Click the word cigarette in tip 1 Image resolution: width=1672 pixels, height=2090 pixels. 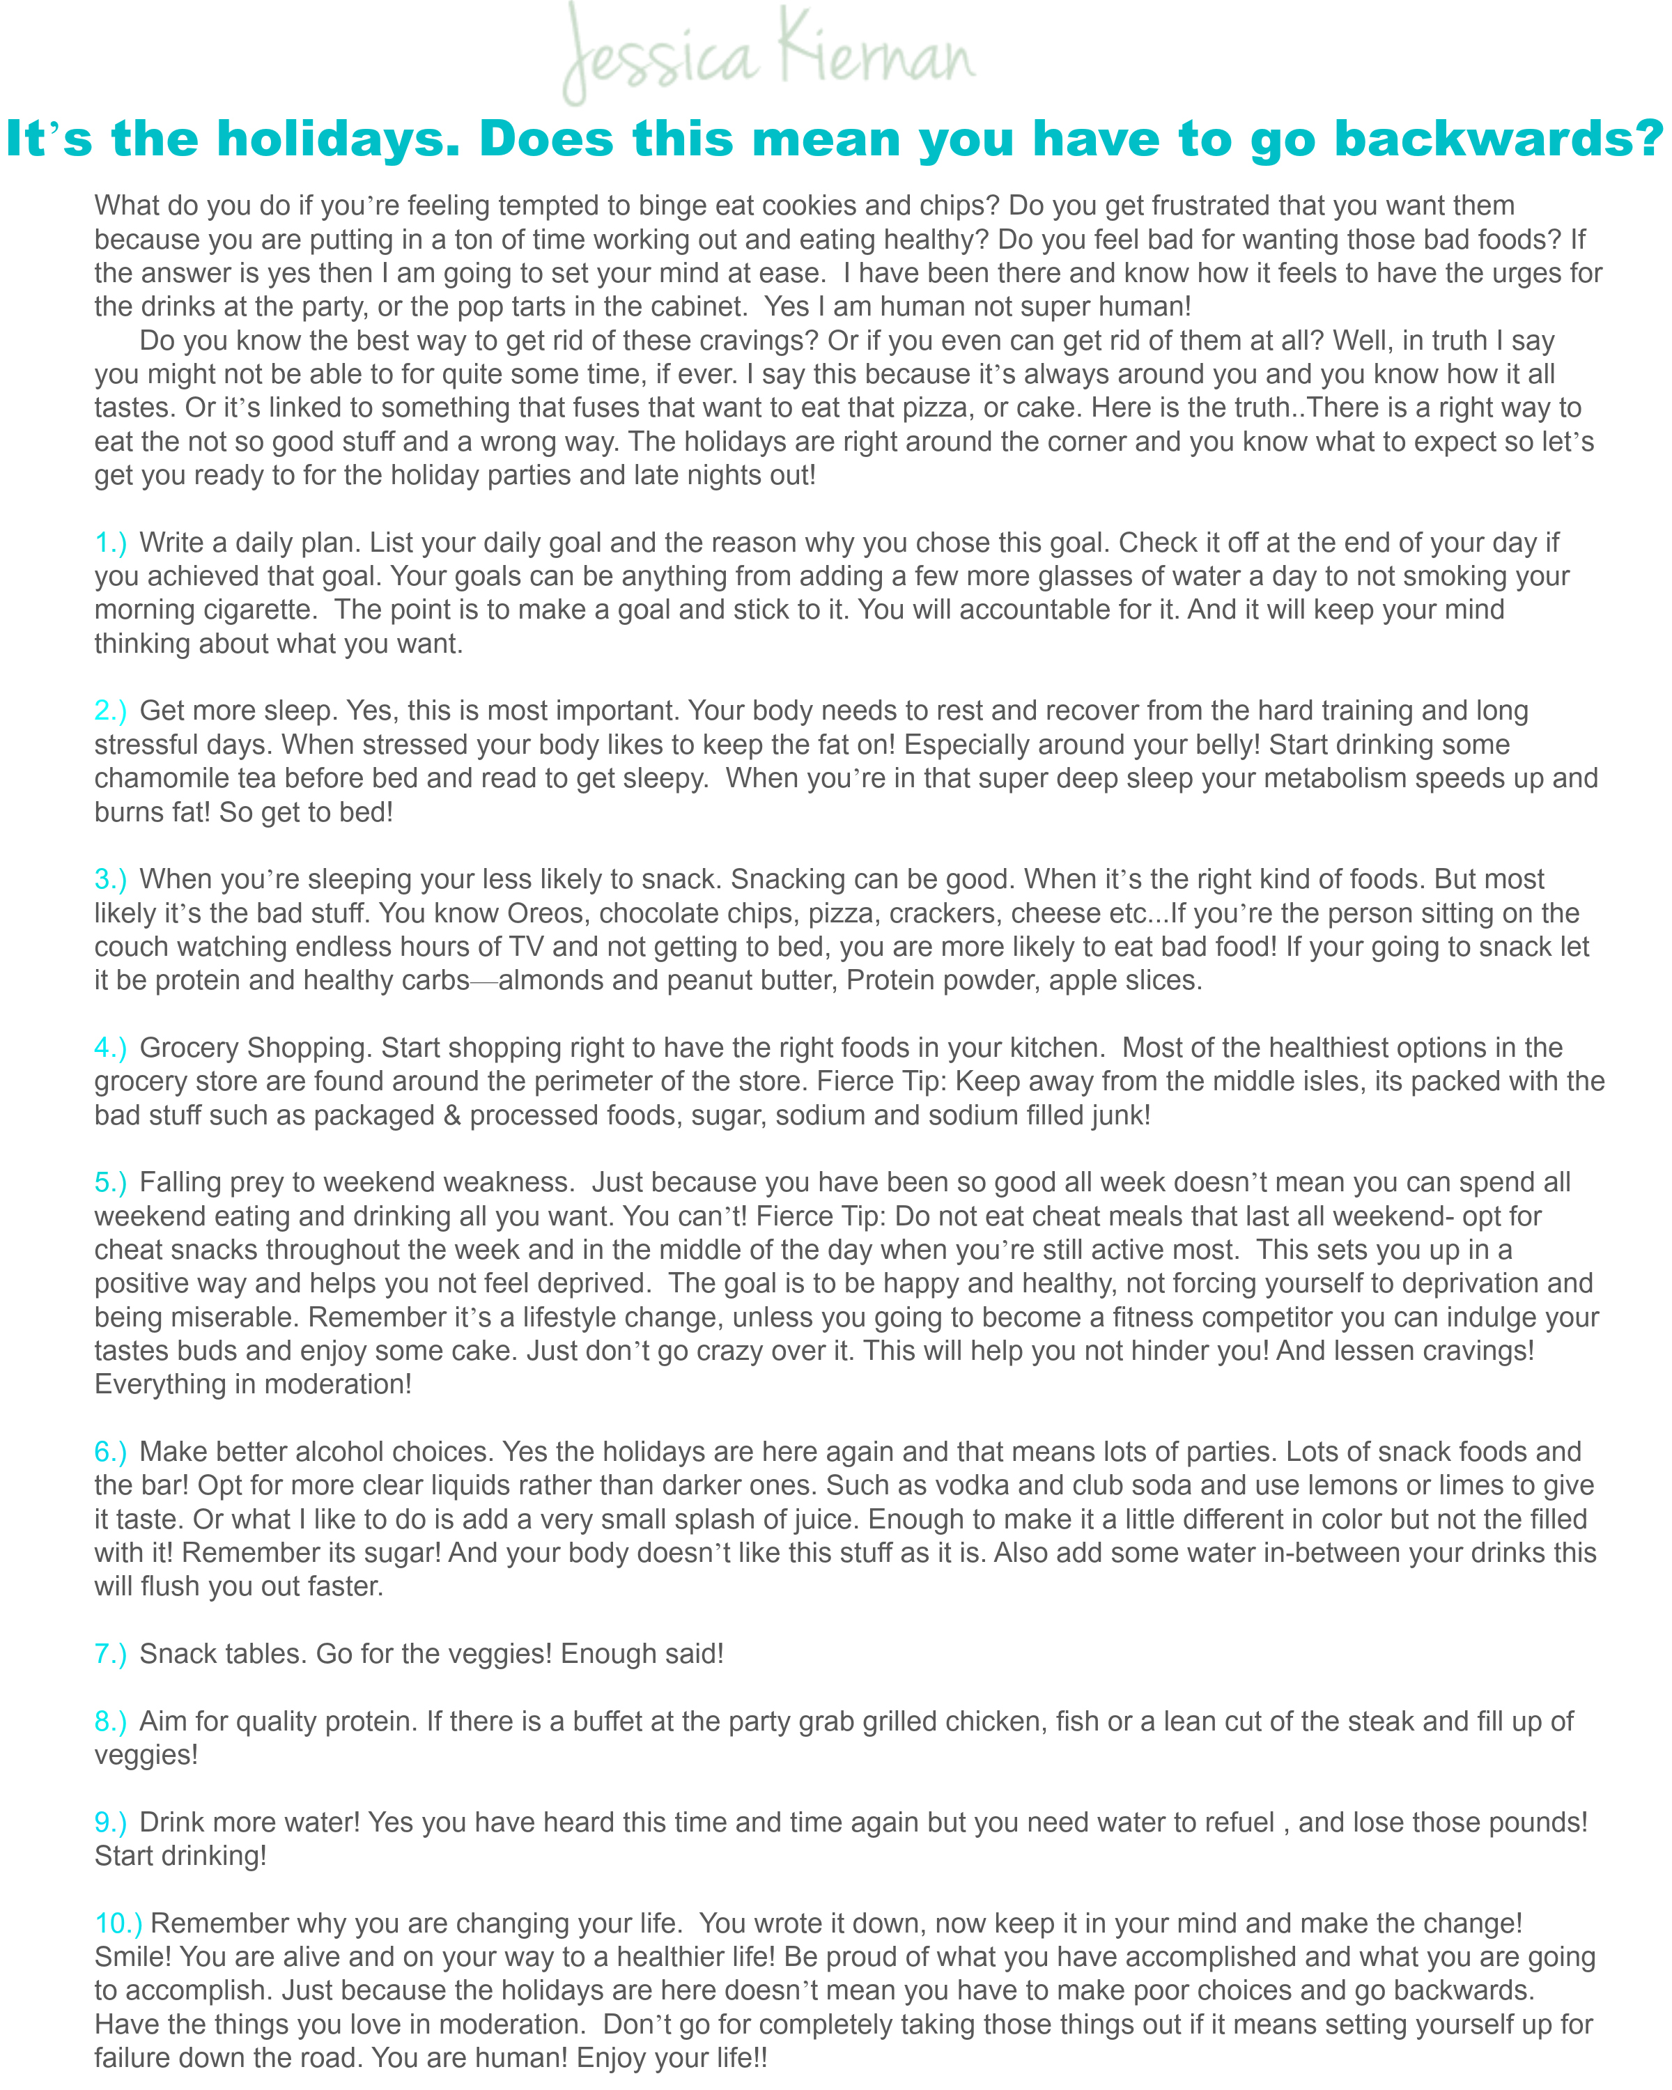pyautogui.click(x=257, y=610)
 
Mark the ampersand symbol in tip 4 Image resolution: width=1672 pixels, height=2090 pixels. pyautogui.click(x=451, y=1116)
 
